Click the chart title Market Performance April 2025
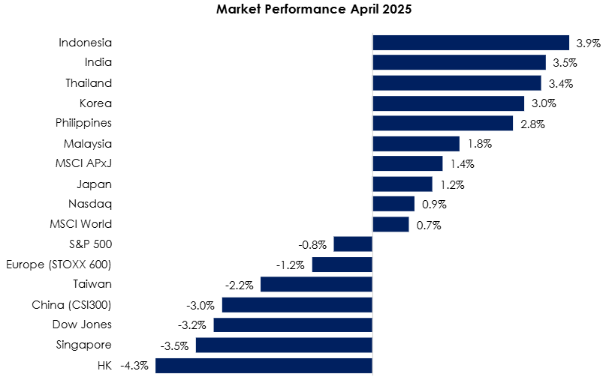[314, 9]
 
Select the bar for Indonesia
[471, 43]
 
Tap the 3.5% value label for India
[565, 62]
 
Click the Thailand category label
[89, 83]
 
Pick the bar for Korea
[449, 103]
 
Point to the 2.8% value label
[532, 124]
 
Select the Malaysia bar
[416, 144]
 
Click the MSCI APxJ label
[83, 163]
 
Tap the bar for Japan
[402, 184]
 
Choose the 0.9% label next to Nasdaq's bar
[434, 204]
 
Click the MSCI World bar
[390, 224]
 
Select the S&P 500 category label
[90, 244]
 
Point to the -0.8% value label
[312, 244]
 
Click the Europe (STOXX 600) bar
[342, 265]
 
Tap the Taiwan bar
[317, 284]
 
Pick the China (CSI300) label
[71, 305]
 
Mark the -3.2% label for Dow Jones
[191, 325]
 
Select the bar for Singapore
[284, 345]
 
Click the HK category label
[104, 366]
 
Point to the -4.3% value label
[134, 365]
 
